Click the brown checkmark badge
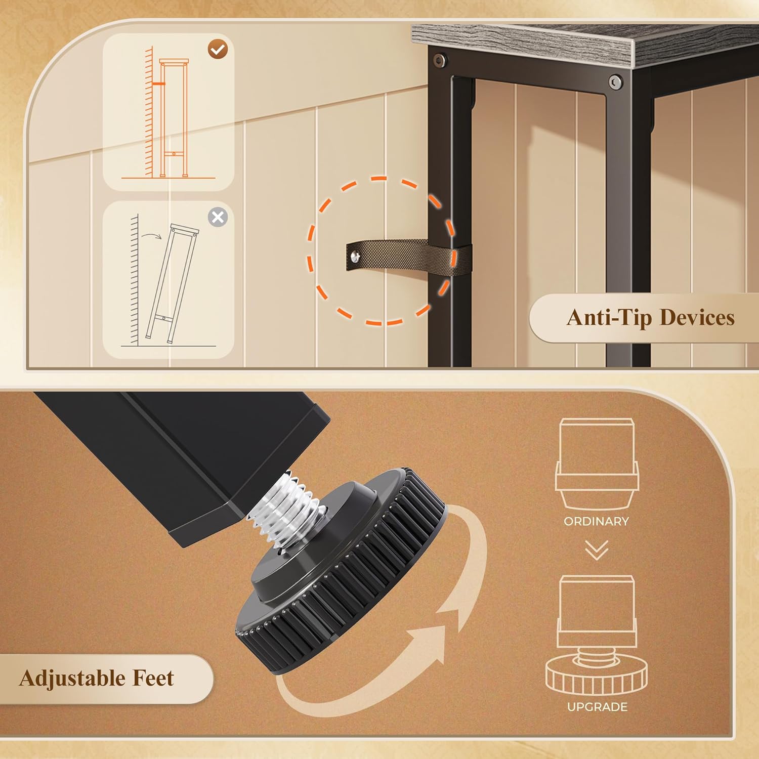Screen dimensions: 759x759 coord(218,49)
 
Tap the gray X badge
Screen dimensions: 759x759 coord(218,218)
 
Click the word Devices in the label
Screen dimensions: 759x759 coord(697,317)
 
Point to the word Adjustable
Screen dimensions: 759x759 coord(72,679)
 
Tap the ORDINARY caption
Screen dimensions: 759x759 coord(596,521)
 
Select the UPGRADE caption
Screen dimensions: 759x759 coord(597,707)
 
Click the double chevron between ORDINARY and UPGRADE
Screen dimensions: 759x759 coord(597,551)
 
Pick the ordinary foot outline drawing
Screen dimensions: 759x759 coord(597,464)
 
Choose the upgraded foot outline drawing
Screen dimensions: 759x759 coord(597,636)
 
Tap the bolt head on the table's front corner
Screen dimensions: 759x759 coord(615,82)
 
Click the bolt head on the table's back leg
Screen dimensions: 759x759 coord(438,61)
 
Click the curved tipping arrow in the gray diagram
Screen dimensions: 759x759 coord(151,235)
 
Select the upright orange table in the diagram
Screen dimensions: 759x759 coord(174,118)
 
